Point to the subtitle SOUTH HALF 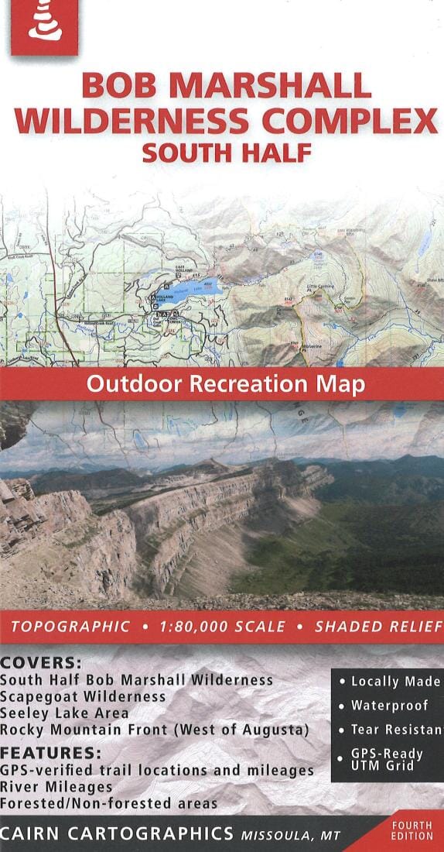(x=226, y=152)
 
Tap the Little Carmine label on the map (x=319, y=287)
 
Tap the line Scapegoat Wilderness (x=83, y=696)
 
